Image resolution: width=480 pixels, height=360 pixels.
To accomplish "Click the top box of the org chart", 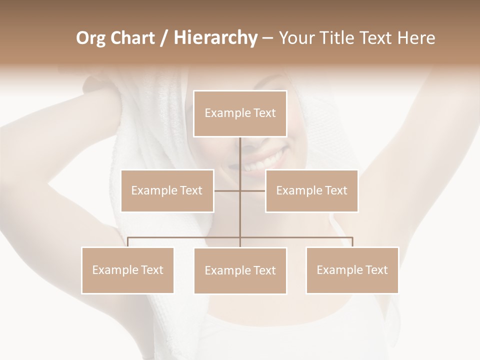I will coord(240,113).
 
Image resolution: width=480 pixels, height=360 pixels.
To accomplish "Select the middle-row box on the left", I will coord(167,190).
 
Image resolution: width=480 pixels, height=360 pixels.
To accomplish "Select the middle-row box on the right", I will coord(311,190).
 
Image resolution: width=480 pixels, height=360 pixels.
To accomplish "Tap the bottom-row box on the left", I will coord(127,270).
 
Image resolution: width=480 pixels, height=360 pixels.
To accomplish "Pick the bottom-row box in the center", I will coord(240,270).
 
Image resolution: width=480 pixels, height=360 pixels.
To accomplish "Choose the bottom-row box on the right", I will coord(352,270).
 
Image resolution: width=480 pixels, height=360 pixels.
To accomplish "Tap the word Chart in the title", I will coord(134,38).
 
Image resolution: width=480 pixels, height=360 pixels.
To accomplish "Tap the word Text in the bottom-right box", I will coord(376,270).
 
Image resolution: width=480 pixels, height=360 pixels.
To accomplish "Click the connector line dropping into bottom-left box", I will coord(127,242).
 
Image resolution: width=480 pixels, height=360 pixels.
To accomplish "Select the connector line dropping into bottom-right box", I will coord(352,242).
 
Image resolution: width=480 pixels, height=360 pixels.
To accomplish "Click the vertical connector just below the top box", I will coord(240,150).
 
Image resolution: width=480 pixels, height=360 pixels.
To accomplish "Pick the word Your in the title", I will coord(295,38).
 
